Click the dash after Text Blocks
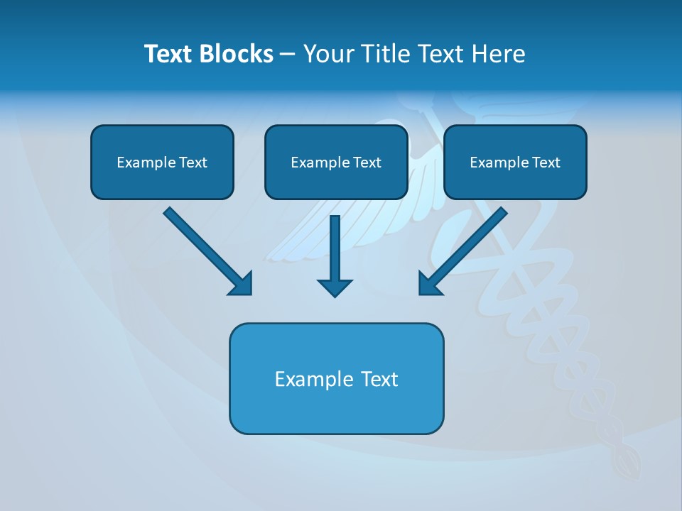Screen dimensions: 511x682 [x=288, y=55]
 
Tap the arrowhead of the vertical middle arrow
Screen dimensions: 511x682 [x=335, y=287]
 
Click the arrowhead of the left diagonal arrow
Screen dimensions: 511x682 [x=242, y=284]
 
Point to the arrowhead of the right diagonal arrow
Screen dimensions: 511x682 [x=429, y=284]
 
